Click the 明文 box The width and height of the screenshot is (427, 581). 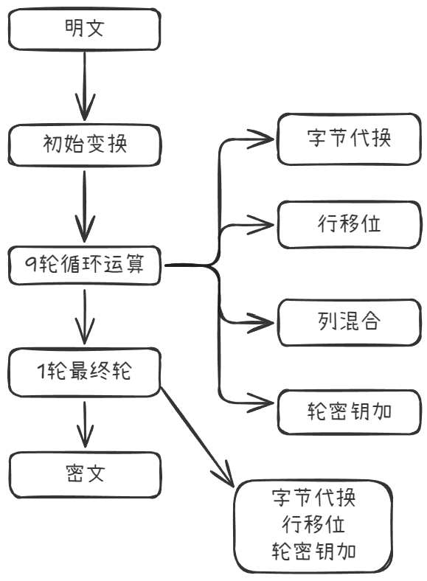85,29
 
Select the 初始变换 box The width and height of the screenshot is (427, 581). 85,145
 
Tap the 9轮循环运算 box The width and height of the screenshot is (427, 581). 85,265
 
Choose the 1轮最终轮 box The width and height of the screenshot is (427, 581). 85,372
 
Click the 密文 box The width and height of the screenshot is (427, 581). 85,474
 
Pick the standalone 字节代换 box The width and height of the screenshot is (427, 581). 349,139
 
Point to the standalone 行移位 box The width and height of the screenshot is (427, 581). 350,225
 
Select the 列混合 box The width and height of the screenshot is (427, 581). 350,322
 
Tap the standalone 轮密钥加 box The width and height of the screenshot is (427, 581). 350,411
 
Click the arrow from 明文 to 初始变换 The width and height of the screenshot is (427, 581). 85,86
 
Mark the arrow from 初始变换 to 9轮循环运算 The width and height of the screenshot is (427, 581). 85,206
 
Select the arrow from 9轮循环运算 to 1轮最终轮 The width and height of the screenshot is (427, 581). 85,317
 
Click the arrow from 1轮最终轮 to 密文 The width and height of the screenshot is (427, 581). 85,425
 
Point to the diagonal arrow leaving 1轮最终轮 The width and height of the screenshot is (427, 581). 197,436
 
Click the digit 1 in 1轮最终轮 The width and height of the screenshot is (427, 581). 42,371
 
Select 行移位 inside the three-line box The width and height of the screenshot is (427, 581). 313,524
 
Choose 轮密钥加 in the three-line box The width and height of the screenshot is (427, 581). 314,552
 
